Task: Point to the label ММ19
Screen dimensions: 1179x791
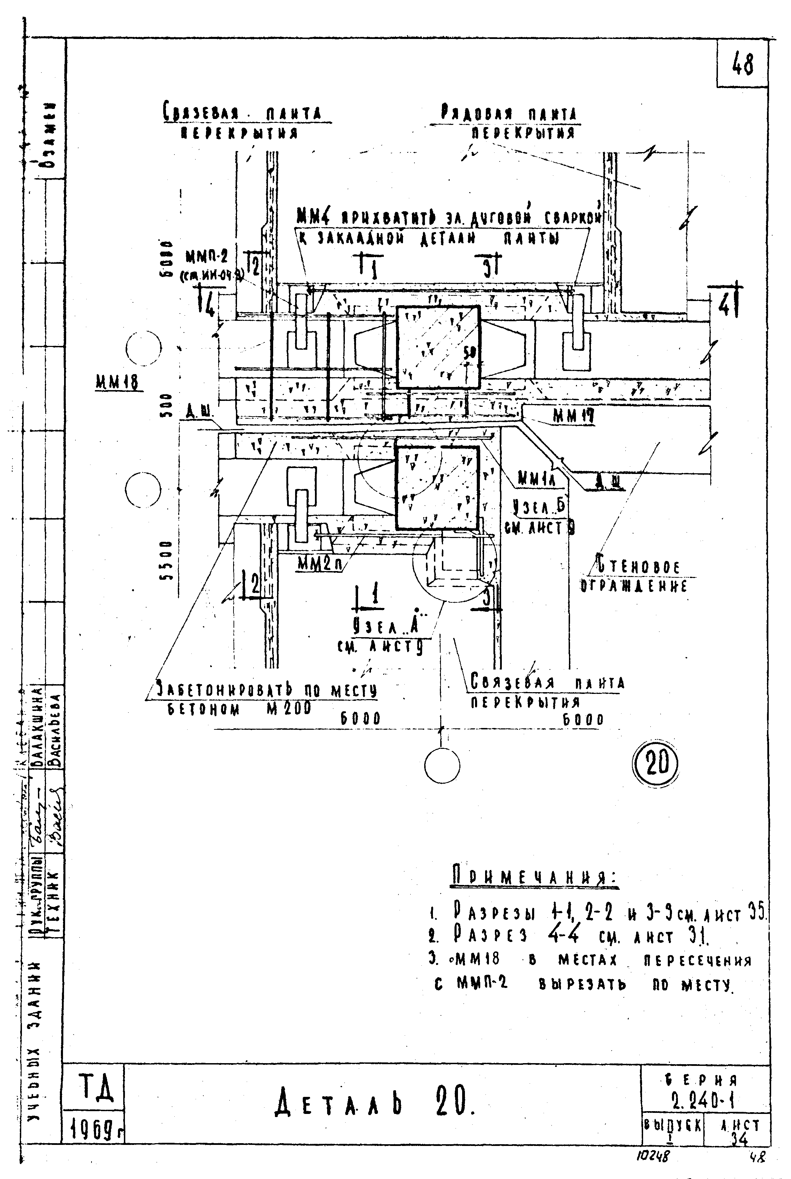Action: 572,416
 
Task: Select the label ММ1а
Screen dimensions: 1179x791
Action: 537,479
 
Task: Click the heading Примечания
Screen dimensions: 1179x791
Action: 534,878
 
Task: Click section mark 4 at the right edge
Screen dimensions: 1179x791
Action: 725,303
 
